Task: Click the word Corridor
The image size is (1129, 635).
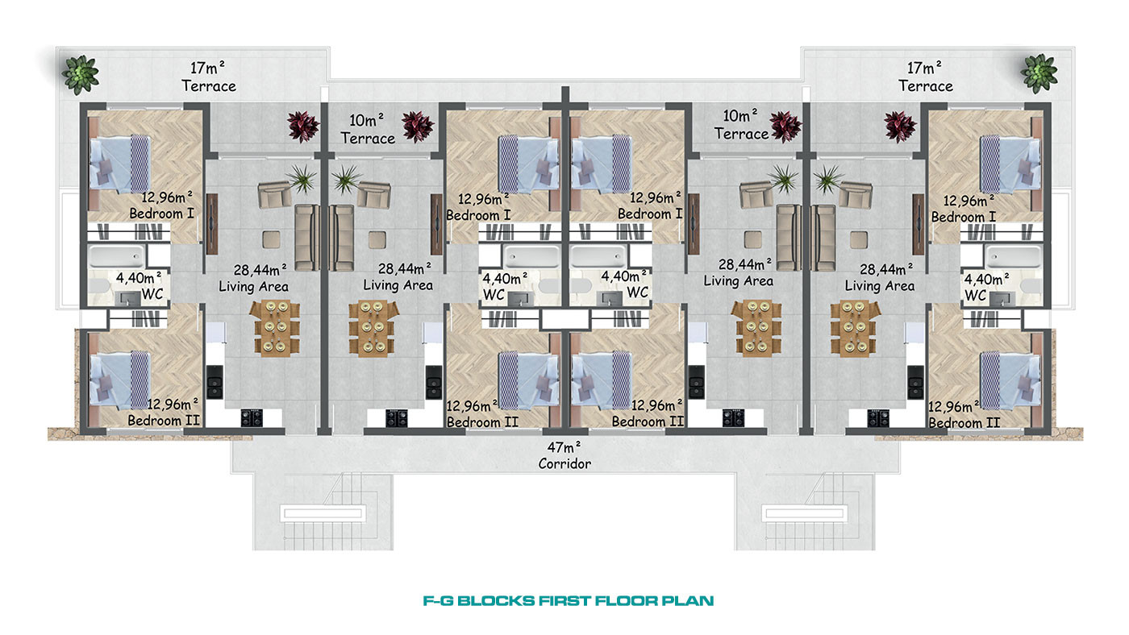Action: [x=564, y=464]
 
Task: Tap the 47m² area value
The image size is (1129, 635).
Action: [x=564, y=446]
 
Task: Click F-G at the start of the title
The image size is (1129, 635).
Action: [x=438, y=601]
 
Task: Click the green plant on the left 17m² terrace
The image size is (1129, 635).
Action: [x=80, y=74]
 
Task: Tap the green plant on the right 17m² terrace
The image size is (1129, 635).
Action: [x=1039, y=74]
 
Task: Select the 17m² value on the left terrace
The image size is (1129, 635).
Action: [x=207, y=68]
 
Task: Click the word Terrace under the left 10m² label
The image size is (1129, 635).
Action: [x=368, y=139]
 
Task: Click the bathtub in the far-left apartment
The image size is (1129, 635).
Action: [x=116, y=256]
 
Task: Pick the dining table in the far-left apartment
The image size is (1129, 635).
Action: [x=275, y=328]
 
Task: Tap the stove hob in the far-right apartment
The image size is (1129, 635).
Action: [x=877, y=418]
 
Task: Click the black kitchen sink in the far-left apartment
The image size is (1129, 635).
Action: [x=215, y=381]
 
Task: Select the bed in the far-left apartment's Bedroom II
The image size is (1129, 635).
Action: [x=120, y=379]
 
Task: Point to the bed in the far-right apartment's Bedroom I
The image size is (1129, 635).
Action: [x=1010, y=166]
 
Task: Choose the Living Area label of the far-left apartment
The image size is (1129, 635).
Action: [x=253, y=287]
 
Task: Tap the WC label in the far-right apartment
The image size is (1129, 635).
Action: [x=975, y=296]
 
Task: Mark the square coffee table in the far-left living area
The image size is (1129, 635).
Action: [x=271, y=239]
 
